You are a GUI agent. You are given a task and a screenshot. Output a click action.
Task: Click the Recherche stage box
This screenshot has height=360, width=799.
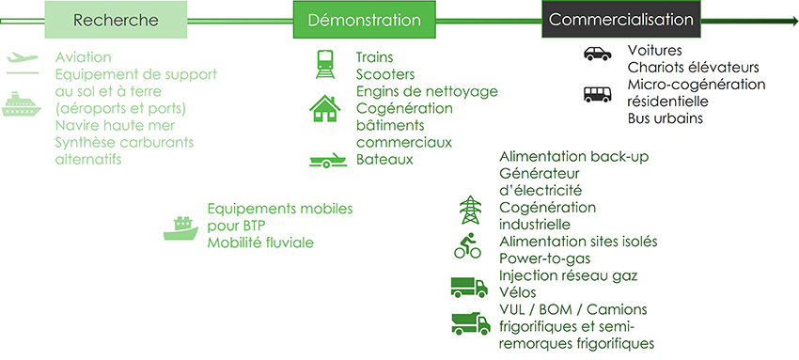click(x=116, y=20)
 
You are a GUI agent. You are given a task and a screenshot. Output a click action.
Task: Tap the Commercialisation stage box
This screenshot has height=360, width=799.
click(x=620, y=20)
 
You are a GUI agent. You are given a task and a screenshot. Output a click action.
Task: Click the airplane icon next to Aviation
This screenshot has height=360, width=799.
click(x=21, y=58)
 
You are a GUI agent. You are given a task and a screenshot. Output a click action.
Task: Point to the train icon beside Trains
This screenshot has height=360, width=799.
click(x=325, y=65)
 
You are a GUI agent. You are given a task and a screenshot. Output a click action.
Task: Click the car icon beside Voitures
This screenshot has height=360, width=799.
click(x=597, y=53)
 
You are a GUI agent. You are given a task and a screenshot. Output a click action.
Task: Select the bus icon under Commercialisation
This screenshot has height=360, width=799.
click(x=597, y=94)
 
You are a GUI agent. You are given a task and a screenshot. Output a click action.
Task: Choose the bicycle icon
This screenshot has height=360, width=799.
click(x=467, y=247)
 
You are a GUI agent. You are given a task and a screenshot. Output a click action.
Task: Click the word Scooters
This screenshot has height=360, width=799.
click(x=385, y=74)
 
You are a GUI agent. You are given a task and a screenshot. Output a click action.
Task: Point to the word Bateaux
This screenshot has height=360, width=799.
click(x=384, y=159)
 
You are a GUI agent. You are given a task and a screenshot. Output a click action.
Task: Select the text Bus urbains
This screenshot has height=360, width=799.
click(x=666, y=118)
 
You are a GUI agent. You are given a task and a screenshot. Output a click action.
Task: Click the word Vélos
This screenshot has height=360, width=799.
click(x=519, y=291)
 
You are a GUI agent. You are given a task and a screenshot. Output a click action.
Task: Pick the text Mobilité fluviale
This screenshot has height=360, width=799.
click(x=260, y=243)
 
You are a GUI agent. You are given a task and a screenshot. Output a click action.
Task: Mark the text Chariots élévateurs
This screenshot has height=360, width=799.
click(x=693, y=68)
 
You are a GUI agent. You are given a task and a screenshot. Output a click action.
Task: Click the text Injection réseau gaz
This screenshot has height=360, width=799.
click(x=569, y=274)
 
